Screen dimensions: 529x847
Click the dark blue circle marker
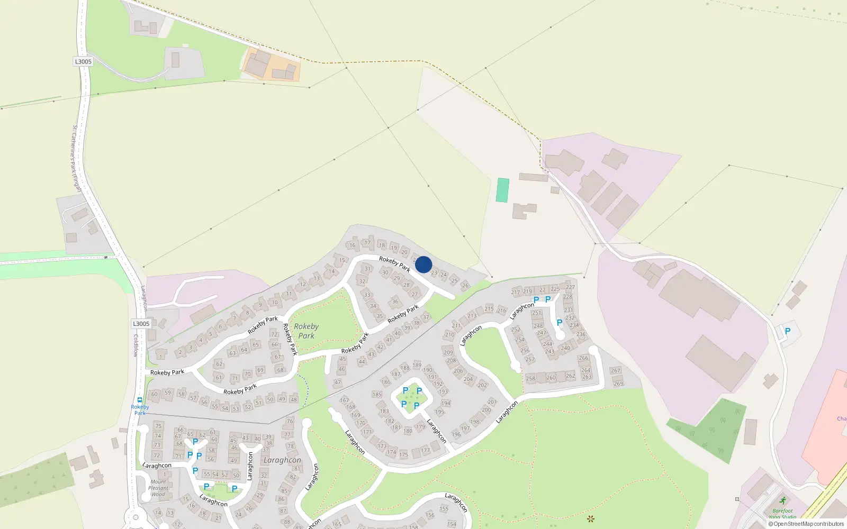click(x=424, y=264)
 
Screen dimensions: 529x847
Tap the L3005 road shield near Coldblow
click(x=141, y=324)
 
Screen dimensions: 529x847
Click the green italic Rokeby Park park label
click(x=306, y=331)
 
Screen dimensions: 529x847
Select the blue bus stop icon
click(x=140, y=400)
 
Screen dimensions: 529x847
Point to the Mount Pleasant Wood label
click(x=158, y=488)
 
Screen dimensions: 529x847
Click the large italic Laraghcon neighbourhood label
click(x=282, y=460)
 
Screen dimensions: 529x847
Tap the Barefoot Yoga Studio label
click(x=782, y=514)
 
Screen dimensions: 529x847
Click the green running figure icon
click(x=783, y=500)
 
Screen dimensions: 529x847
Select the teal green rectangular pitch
click(x=502, y=190)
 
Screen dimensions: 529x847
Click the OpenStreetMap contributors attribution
click(x=806, y=524)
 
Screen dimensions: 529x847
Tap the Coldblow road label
click(x=136, y=345)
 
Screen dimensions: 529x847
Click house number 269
click(x=618, y=384)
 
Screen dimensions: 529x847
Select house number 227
click(x=570, y=287)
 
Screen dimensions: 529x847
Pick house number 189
click(x=417, y=365)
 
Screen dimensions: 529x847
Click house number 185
click(x=377, y=394)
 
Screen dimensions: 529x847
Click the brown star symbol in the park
click(x=591, y=518)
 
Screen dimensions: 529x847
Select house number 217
click(x=516, y=292)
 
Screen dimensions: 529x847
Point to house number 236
click(x=581, y=334)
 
